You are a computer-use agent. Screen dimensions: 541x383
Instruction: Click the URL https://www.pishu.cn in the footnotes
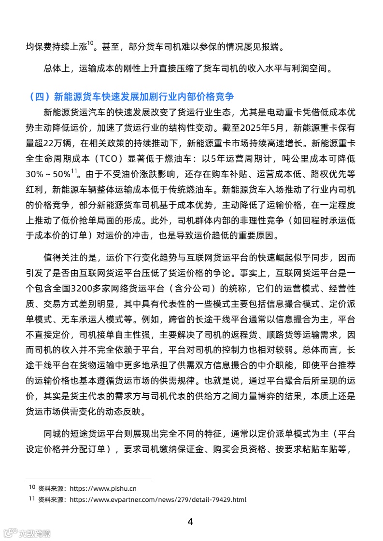(x=103, y=488)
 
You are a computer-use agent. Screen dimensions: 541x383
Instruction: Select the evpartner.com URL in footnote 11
(x=157, y=499)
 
